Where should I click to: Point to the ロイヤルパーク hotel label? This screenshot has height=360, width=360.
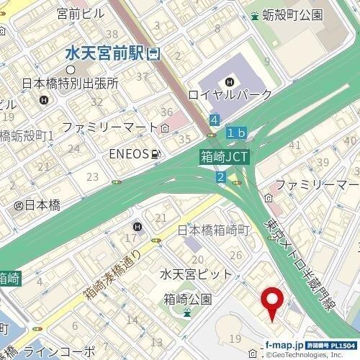230,94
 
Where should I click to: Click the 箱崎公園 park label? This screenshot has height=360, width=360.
186,298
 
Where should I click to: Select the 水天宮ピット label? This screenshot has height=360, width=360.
196,275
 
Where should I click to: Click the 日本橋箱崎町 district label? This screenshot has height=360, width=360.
212,231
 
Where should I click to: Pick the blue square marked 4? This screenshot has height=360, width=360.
215,119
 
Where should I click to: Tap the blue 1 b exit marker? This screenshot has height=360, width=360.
237,133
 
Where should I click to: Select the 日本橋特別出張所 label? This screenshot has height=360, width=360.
70,83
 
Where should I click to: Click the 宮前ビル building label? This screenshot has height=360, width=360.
81,13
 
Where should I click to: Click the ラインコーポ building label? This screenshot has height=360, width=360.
58,352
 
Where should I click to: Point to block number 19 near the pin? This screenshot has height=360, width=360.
234,338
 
